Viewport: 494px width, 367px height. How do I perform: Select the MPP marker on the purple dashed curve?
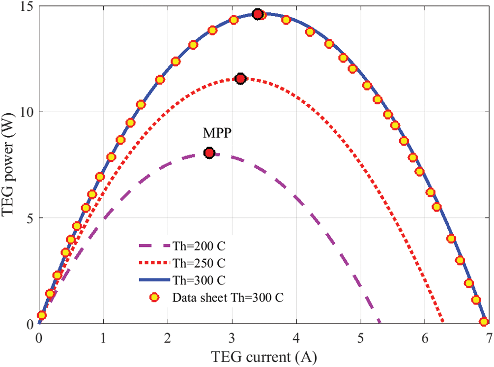209,153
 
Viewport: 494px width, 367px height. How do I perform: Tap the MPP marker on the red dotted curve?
240,79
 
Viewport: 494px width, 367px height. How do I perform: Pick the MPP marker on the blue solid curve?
257,14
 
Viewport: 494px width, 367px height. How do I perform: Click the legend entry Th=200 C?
199,245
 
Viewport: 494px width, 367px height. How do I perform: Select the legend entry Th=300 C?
199,280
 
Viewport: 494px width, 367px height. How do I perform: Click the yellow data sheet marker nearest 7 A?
484,322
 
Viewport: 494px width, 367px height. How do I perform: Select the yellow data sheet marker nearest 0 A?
42,315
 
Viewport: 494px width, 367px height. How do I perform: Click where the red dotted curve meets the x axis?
444,323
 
